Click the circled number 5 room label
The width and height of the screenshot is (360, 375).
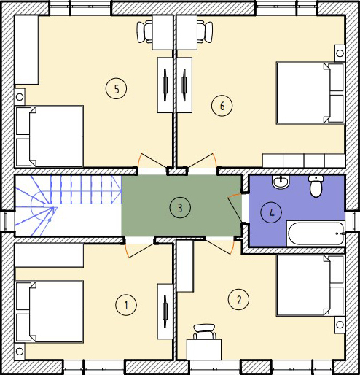(x=116, y=88)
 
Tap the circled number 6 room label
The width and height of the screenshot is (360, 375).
(x=222, y=106)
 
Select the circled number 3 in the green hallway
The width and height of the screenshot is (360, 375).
(x=180, y=208)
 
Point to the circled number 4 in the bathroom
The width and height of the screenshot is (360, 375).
(x=271, y=213)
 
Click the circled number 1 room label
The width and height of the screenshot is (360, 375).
(x=126, y=305)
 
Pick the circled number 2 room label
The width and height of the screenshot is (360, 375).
(x=238, y=299)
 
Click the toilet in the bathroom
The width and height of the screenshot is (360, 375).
(x=316, y=186)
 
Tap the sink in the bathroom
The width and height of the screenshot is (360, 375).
(x=281, y=182)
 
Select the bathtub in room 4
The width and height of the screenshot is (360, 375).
(x=316, y=233)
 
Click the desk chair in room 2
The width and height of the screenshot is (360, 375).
(x=205, y=332)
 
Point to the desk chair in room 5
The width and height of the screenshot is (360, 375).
(x=145, y=32)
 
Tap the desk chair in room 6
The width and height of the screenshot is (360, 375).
(x=205, y=32)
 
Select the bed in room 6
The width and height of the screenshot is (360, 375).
(x=310, y=93)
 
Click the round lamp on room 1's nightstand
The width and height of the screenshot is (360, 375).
(x=20, y=351)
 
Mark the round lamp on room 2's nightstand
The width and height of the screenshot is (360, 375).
(x=340, y=325)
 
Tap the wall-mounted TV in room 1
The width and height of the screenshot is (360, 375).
(x=165, y=312)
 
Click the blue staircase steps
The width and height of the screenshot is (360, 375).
(x=69, y=206)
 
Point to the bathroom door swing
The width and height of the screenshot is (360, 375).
(x=235, y=209)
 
